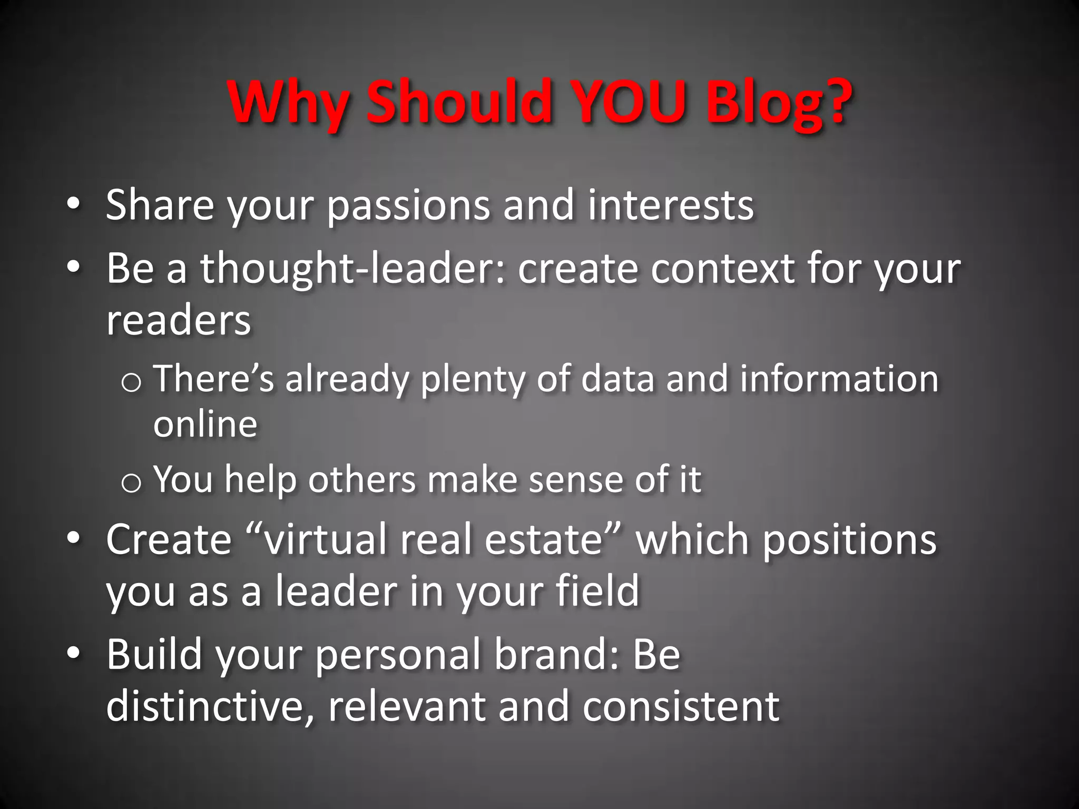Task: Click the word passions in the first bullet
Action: coord(409,206)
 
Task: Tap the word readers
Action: coord(179,321)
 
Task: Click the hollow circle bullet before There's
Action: coord(131,382)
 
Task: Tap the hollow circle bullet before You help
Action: coord(131,483)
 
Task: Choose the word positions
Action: coord(849,541)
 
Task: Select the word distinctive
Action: coord(205,707)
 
